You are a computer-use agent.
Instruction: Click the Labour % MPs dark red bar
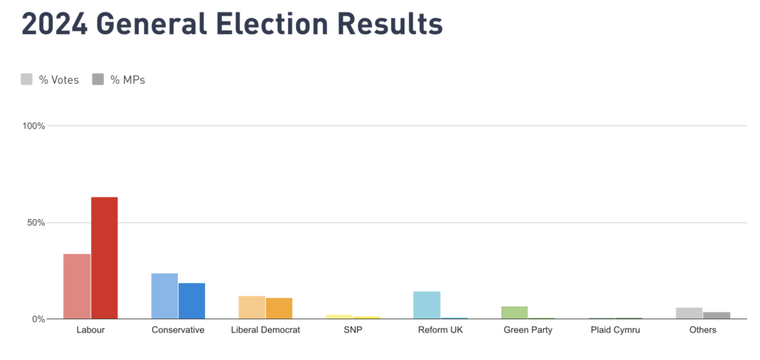(x=104, y=258)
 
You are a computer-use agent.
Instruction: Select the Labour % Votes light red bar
(x=76, y=287)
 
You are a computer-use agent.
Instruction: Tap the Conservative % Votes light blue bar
(x=164, y=296)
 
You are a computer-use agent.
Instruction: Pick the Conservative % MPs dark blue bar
(x=191, y=301)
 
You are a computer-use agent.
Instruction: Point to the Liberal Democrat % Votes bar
(x=252, y=307)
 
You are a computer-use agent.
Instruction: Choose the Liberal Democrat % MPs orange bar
(x=279, y=308)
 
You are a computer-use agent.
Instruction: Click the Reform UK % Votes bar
(x=427, y=305)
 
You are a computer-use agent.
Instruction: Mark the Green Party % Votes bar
(x=514, y=312)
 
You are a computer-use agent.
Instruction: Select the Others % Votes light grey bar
(x=689, y=313)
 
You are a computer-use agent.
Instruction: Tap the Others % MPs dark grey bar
(x=716, y=315)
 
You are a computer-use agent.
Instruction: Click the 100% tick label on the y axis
(x=34, y=126)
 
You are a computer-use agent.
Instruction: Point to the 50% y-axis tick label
(x=36, y=223)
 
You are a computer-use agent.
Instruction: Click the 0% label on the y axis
(x=39, y=319)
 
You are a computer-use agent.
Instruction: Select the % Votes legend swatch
(x=27, y=79)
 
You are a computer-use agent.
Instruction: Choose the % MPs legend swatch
(x=98, y=79)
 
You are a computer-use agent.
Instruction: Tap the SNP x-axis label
(x=353, y=330)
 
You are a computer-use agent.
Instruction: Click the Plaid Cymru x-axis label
(x=615, y=330)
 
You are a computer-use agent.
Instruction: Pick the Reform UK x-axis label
(x=440, y=330)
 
